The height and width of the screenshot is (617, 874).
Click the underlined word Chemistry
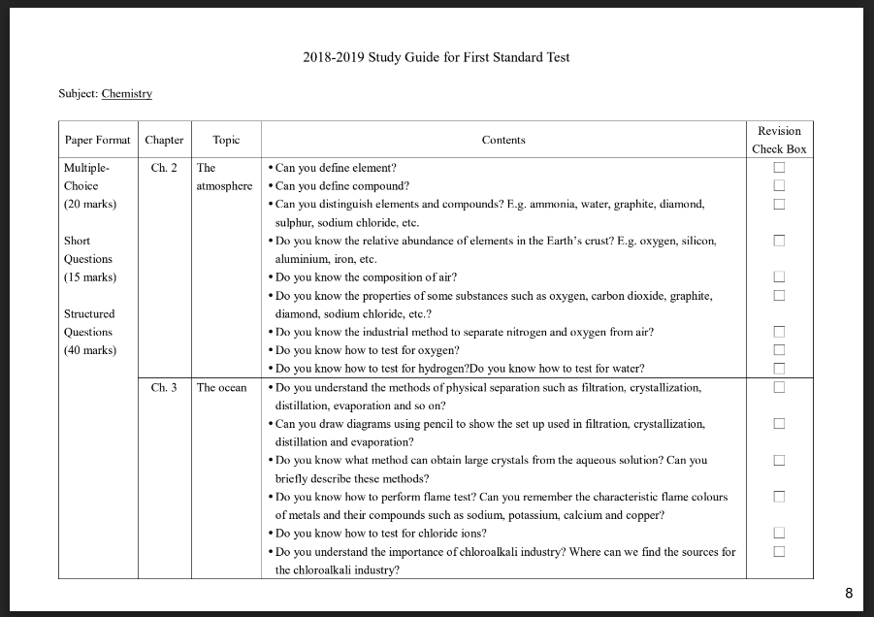click(126, 94)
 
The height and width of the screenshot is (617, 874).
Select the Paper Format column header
click(97, 140)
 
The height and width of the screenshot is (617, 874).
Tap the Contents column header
click(502, 140)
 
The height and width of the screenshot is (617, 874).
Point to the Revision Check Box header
click(779, 140)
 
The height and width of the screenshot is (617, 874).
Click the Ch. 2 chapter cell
click(164, 168)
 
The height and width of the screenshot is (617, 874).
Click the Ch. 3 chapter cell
click(164, 388)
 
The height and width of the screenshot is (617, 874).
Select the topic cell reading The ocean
click(221, 388)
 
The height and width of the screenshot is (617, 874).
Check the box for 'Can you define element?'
click(778, 168)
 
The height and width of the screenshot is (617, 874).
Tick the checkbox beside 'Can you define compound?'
click(778, 186)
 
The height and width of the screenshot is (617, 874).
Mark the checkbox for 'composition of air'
click(778, 277)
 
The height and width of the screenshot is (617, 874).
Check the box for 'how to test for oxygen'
click(778, 350)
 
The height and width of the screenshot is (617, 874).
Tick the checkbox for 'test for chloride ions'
click(778, 534)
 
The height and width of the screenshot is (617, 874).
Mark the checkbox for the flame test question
click(778, 497)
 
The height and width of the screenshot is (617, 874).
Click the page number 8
click(849, 594)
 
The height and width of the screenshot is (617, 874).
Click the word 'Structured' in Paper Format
click(89, 314)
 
